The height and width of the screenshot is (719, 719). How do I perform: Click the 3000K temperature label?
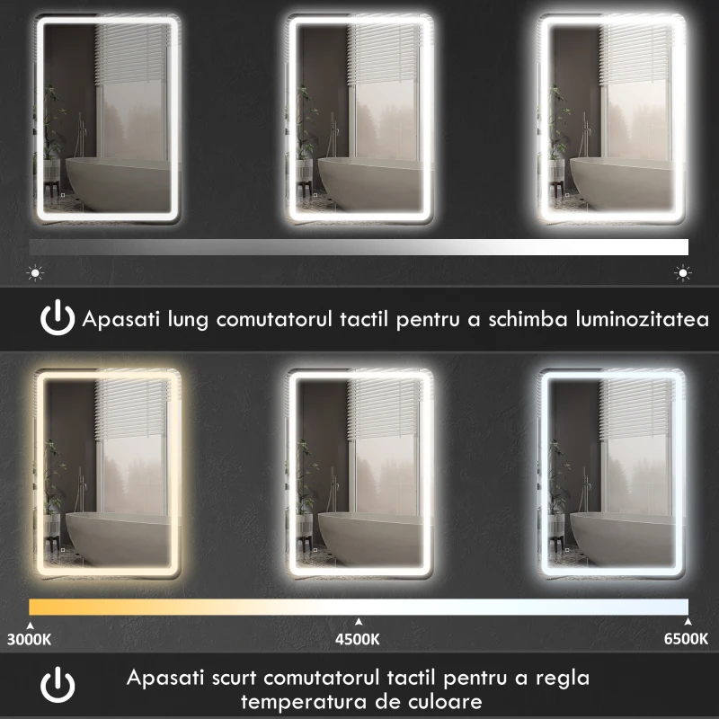pos(30,640)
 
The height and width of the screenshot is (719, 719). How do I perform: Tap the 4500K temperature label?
pos(358,640)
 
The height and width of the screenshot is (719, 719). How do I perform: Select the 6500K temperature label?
pos(686,640)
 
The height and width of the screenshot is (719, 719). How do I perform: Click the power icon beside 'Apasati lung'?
pos(58,319)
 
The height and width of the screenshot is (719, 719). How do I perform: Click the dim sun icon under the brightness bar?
pos(35,271)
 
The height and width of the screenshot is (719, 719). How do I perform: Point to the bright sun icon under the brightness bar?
pos(683,271)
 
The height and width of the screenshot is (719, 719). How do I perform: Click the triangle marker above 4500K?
pos(358,621)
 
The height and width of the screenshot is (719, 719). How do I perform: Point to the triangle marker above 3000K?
pos(30,621)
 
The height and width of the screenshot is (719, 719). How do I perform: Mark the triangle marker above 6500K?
pos(688,621)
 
